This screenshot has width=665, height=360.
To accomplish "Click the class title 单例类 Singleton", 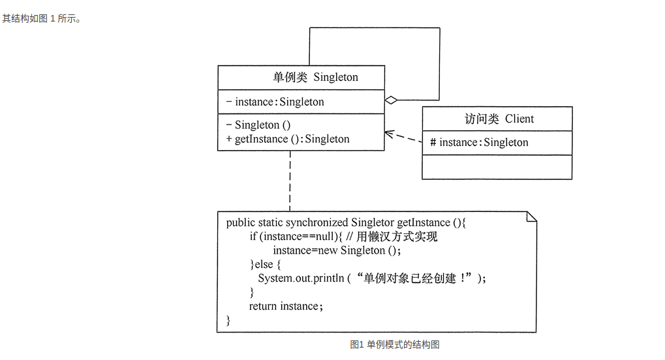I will point(315,77).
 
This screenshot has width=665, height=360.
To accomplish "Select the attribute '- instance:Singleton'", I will point(275,102).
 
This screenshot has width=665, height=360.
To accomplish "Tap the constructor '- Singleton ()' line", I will point(258,125).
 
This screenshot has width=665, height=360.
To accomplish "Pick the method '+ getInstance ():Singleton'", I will point(287,139).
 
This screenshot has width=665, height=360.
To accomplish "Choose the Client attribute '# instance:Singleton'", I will point(479,142).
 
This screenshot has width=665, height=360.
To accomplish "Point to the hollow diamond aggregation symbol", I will point(391,100).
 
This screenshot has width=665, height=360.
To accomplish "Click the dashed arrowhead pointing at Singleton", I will point(388,134).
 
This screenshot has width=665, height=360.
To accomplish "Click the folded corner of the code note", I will point(531,217).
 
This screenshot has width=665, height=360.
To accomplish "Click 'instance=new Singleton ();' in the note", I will point(337,250).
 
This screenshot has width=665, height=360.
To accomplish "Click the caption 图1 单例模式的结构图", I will point(395,344).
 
